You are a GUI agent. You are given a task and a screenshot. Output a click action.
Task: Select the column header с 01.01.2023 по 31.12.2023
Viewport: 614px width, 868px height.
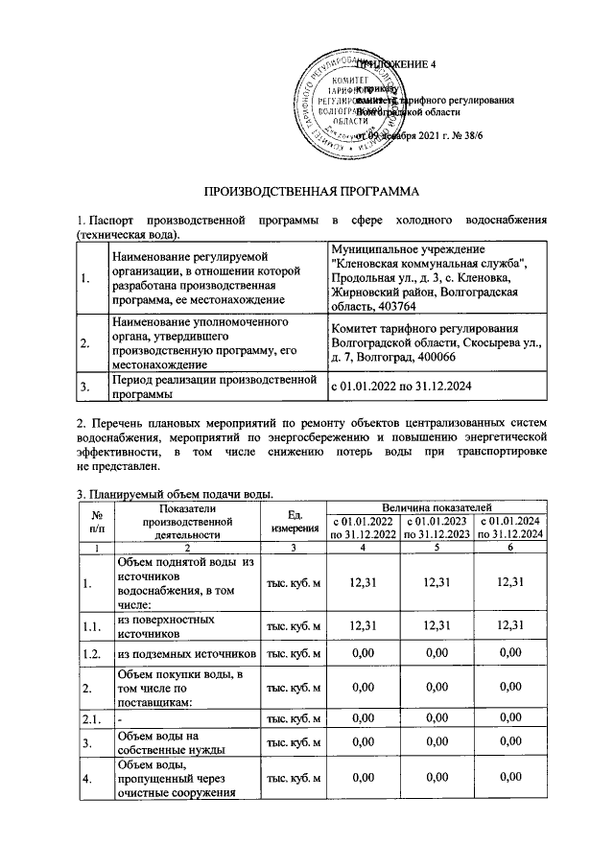click(437, 528)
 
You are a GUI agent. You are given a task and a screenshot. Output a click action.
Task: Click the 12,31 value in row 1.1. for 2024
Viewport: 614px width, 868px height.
click(511, 626)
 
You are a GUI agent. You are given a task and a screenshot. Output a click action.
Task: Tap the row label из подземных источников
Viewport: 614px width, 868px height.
click(186, 654)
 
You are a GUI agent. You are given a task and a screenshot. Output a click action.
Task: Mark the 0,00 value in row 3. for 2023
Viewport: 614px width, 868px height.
click(437, 742)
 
